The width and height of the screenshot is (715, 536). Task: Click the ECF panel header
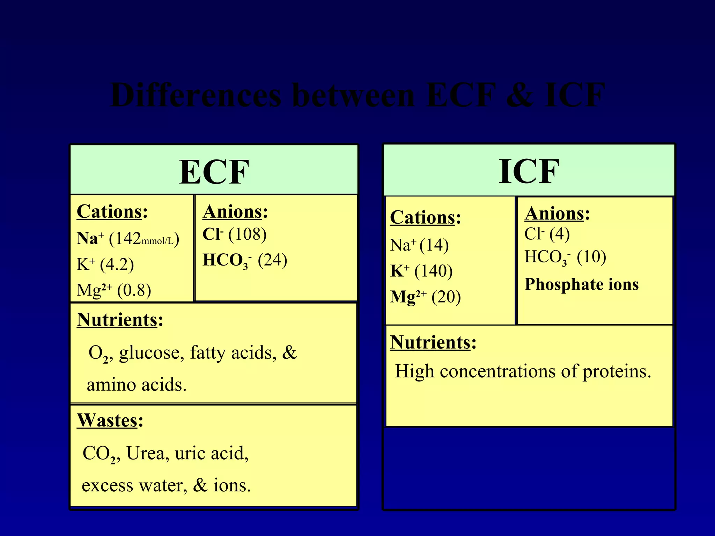click(214, 171)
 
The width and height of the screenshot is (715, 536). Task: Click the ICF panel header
click(529, 171)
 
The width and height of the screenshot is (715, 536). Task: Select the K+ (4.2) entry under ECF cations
click(105, 264)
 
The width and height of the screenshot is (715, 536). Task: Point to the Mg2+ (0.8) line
click(114, 290)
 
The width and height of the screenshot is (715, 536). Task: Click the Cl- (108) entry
click(234, 234)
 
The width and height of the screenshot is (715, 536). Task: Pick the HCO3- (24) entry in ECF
click(245, 260)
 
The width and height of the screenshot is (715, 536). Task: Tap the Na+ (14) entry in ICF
click(419, 245)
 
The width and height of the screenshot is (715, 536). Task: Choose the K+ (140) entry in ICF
click(421, 271)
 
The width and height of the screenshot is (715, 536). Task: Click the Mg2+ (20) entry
click(425, 297)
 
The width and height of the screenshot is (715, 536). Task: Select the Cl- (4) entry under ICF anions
click(547, 234)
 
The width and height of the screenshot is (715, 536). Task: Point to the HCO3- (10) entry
click(565, 257)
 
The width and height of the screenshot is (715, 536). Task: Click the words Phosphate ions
click(582, 284)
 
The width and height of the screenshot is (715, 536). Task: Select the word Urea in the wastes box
click(145, 453)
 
